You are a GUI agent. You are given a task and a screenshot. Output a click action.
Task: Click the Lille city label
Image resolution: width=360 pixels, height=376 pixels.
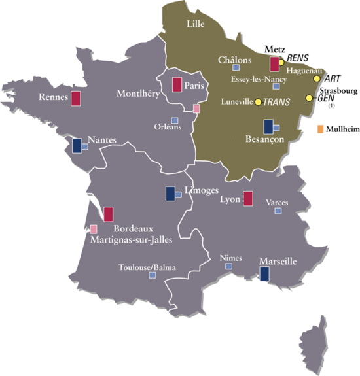coord(195,24)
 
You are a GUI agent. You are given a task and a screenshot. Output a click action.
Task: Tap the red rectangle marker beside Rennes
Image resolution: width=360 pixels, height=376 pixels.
coord(76,99)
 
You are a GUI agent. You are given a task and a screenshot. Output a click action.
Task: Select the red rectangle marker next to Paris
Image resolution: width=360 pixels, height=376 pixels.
coord(176,84)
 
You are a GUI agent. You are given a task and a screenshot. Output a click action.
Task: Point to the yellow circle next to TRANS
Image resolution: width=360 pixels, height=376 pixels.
coord(258,102)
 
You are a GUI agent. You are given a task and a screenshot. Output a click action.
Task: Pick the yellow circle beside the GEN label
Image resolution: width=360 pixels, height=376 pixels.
coord(310,98)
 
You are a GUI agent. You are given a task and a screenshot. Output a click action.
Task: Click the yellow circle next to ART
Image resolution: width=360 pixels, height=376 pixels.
coord(317,78)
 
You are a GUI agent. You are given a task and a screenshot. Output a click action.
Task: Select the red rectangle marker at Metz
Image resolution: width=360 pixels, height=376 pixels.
coord(274,63)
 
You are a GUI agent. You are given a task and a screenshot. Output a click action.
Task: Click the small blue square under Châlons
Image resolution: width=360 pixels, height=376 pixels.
coord(238,67)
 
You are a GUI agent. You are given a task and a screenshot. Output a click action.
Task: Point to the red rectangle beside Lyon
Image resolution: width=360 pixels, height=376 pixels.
coord(248,199)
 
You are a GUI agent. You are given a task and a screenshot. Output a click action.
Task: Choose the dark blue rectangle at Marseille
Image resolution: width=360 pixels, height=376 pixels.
coord(264,275)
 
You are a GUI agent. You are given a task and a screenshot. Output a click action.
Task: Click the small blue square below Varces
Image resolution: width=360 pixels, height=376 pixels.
coord(278,211)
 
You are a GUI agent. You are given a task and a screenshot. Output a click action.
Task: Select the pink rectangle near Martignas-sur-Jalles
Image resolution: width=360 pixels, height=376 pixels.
coord(94,230)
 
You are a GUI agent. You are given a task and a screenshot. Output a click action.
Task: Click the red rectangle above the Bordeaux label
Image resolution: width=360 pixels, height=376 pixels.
coord(108,214)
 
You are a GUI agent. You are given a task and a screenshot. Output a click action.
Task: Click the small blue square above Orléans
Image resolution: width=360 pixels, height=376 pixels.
coord(175,120)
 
